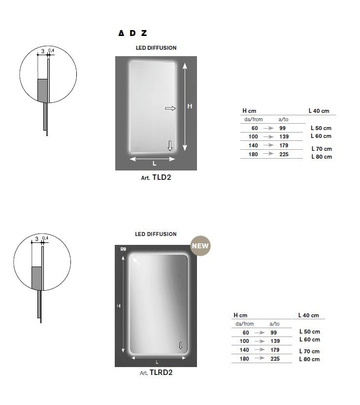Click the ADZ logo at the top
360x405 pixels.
coord(133,33)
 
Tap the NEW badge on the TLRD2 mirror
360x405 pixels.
coord(200,246)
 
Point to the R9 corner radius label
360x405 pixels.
coord(123,249)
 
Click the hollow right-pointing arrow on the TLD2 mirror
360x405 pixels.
coord(170,108)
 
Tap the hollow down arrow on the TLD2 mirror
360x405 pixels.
coord(170,146)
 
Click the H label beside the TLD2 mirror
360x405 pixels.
coord(190,106)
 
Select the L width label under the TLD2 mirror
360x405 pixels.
coord(155,163)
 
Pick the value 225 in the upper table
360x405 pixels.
coord(284,154)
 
